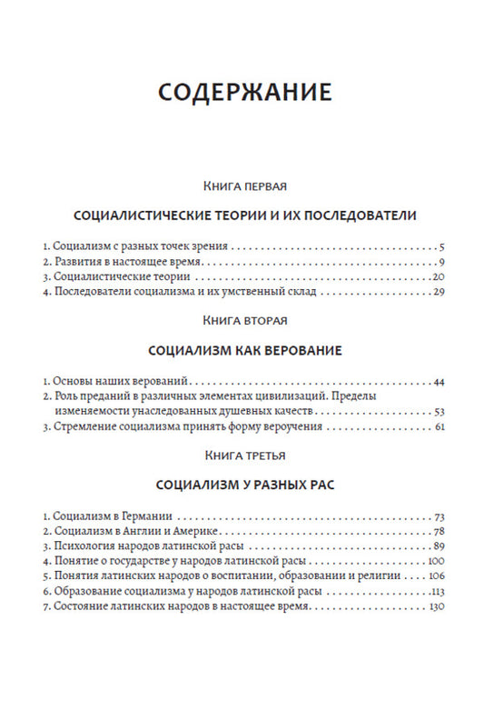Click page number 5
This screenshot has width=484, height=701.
pos(439,246)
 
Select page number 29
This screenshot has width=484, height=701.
pos(436,292)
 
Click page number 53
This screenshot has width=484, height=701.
pos(436,410)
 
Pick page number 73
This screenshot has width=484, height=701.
pos(436,514)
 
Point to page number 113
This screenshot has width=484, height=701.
pos(434,589)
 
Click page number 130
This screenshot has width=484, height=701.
pos(434,605)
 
